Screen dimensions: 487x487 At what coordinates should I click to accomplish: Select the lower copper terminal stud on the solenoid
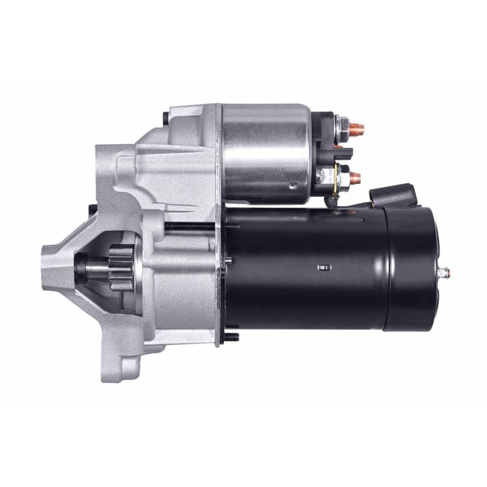pyautogui.click(x=355, y=179)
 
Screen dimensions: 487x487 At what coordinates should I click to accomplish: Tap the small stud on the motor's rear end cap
pyautogui.click(x=444, y=273)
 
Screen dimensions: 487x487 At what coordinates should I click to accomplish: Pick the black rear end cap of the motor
pyautogui.click(x=409, y=269)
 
